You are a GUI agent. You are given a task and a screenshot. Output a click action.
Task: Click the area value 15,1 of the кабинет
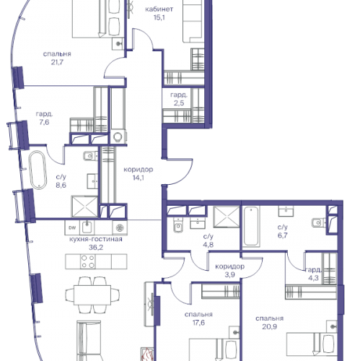pos(159,17)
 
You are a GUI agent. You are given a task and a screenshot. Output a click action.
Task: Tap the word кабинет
pos(159,9)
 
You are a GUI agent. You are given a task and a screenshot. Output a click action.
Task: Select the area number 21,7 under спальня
pos(57,62)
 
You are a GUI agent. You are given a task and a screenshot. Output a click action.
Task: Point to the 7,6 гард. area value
pos(44,122)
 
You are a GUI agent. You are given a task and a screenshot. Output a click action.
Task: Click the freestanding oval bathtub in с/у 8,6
pos(38,170)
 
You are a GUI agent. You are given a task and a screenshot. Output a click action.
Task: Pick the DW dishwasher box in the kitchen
pos(72,227)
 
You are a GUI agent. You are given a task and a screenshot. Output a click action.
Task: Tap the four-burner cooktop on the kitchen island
pos(88,261)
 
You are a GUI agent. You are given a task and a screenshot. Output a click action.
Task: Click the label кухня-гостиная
pos(96,239)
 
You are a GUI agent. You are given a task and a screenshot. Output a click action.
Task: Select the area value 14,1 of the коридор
pos(139,178)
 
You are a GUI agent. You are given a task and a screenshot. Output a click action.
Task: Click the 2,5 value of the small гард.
pos(179,103)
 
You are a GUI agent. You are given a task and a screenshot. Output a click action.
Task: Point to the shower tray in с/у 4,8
pos(227,217)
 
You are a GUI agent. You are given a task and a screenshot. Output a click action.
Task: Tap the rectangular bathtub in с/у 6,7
pos(251,227)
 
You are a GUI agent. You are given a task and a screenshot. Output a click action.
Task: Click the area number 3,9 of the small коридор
pos(229,274)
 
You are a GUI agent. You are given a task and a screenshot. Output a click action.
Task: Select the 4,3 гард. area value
pos(313,278)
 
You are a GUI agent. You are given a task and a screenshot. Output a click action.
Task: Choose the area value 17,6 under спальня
pos(198,323)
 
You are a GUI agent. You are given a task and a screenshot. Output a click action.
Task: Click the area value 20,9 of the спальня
pos(270,326)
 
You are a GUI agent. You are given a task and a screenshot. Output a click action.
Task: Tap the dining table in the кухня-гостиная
pos(92,295)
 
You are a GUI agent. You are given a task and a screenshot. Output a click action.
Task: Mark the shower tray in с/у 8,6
pos(84,206)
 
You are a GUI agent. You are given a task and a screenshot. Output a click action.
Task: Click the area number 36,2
pos(96,248)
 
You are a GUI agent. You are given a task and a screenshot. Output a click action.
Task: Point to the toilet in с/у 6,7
pos(319,222)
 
